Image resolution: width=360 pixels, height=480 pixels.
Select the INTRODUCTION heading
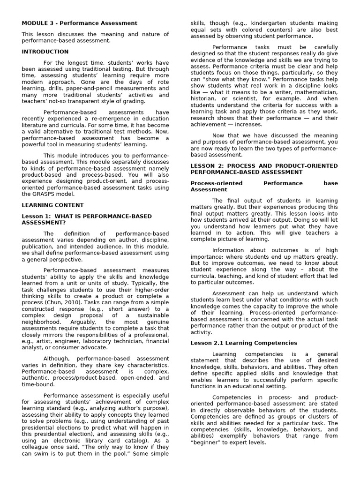45,52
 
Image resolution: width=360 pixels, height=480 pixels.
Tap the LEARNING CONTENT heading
52,205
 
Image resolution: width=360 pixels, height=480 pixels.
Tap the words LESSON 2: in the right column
206,165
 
